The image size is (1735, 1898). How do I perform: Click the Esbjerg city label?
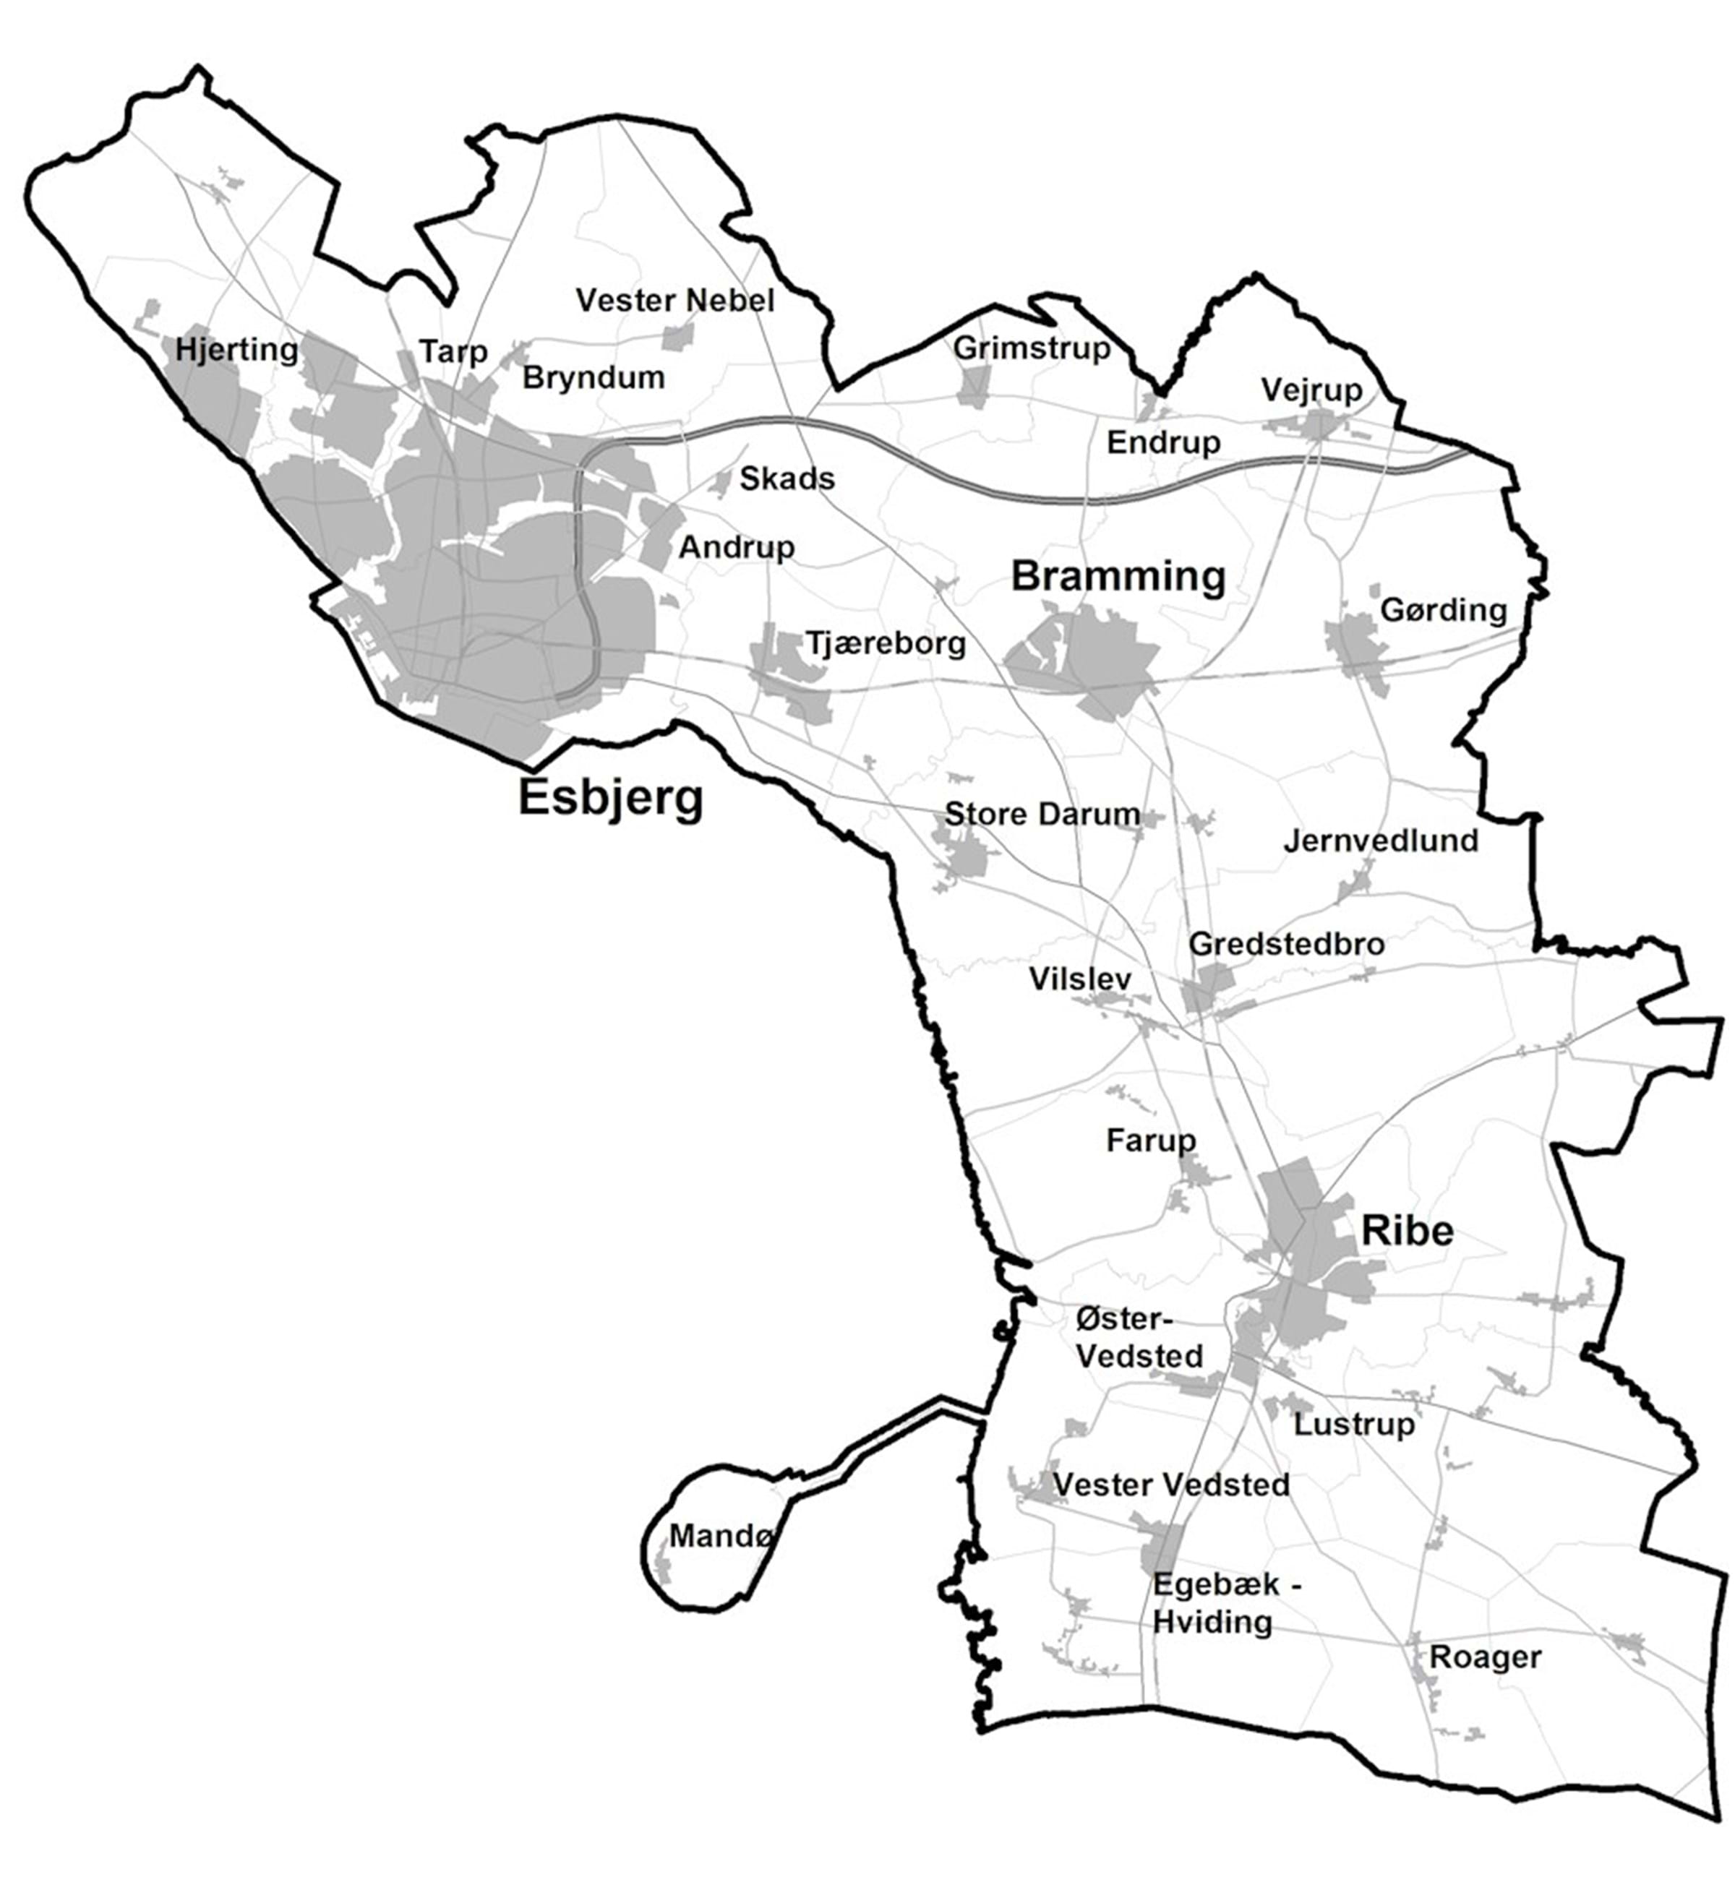pyautogui.click(x=610, y=799)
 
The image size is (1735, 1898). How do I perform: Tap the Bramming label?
pyautogui.click(x=1118, y=576)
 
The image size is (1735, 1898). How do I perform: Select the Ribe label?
pyautogui.click(x=1408, y=1230)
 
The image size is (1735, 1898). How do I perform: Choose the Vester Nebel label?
pyautogui.click(x=674, y=301)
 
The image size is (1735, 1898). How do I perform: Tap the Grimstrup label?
pyautogui.click(x=1032, y=348)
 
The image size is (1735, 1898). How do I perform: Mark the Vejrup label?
pyautogui.click(x=1311, y=390)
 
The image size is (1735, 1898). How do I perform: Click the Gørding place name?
pyautogui.click(x=1443, y=610)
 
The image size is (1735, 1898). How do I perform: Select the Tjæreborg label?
pyautogui.click(x=886, y=644)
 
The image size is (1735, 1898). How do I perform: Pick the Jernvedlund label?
pyautogui.click(x=1381, y=841)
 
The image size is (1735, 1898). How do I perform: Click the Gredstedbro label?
pyautogui.click(x=1287, y=944)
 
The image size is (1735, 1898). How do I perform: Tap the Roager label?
pyautogui.click(x=1486, y=1683)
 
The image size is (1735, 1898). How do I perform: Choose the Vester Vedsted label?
pyautogui.click(x=1171, y=1485)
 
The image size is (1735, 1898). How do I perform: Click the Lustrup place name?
pyautogui.click(x=1353, y=1424)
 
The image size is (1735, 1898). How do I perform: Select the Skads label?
pyautogui.click(x=787, y=479)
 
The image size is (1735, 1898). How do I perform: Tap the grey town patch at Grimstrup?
pyautogui.click(x=974, y=385)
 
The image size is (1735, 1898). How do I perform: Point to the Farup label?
pyautogui.click(x=1151, y=1141)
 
